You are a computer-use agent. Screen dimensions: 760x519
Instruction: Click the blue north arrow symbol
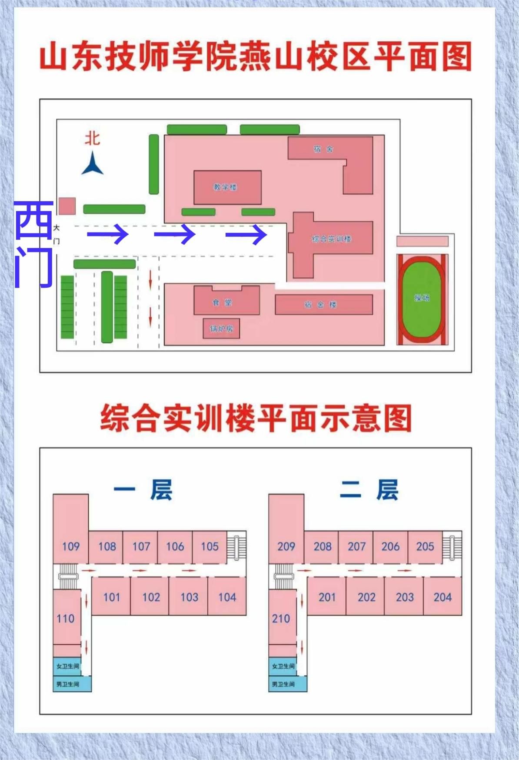click(92, 164)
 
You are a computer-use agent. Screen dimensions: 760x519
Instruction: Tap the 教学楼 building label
click(225, 187)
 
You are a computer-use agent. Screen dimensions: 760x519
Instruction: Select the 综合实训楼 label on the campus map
click(332, 239)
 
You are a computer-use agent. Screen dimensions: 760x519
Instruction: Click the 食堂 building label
click(222, 302)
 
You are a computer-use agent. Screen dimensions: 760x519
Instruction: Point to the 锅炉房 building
click(222, 329)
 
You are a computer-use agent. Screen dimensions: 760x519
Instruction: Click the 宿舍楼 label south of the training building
click(320, 305)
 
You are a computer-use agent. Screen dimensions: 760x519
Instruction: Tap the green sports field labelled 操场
click(422, 298)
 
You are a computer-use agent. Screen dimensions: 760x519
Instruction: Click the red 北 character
click(92, 139)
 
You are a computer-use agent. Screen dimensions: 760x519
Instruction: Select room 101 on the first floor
click(111, 597)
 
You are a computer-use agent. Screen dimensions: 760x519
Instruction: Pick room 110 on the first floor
click(66, 618)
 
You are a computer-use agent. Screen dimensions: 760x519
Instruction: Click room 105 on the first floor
click(210, 546)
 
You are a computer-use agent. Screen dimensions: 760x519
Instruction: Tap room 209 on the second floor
click(286, 546)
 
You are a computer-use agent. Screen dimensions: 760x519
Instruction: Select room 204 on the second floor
click(442, 597)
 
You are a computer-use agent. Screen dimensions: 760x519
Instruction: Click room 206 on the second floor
click(390, 546)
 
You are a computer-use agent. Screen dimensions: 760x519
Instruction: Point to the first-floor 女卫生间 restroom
click(68, 666)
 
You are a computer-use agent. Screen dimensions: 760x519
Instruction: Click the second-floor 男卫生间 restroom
click(283, 684)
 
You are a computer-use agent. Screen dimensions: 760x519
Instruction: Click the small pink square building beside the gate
click(67, 206)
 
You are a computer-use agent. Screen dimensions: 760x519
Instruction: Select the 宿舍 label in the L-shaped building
click(323, 149)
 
